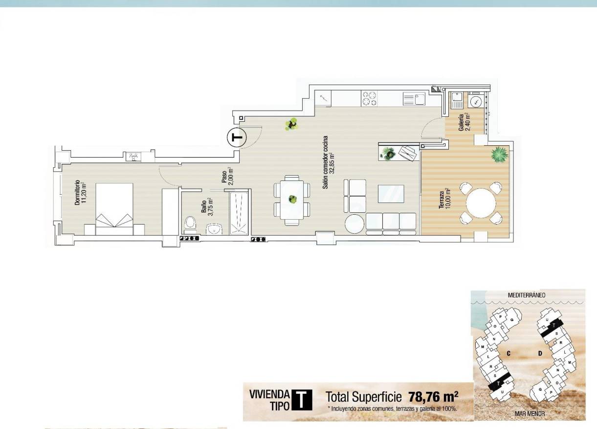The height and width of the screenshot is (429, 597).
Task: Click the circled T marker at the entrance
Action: coord(237,137)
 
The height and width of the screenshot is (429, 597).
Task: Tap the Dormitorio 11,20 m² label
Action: coord(80,192)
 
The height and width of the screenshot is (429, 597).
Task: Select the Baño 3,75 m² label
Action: coord(206,207)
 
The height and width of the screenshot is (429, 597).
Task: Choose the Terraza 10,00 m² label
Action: coord(444,200)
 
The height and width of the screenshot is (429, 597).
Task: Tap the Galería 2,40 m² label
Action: coord(464,124)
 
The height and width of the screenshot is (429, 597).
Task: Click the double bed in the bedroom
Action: coord(115,205)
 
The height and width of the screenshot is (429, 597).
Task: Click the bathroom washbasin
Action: coord(214,228)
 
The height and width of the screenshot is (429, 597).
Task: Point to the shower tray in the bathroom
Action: coord(240,214)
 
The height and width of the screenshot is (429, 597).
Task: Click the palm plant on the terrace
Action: coord(499,154)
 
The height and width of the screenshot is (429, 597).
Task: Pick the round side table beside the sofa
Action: coord(354,224)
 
